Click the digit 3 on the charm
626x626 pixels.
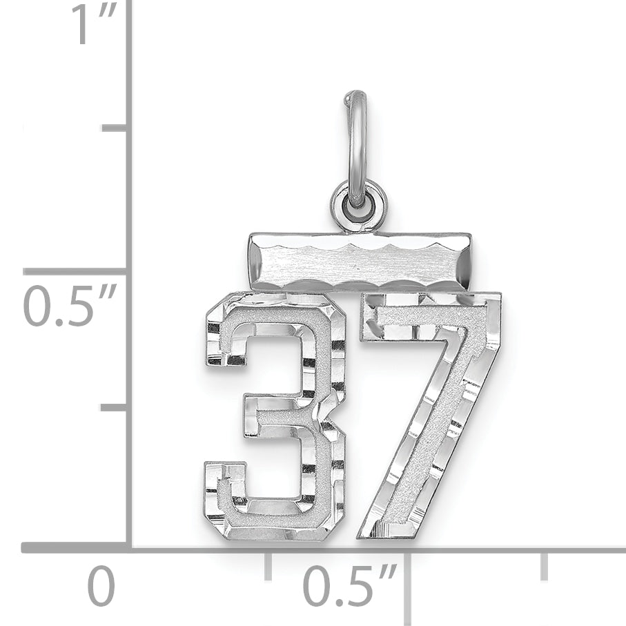pyautogui.click(x=276, y=414)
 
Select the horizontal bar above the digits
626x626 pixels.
pyautogui.click(x=360, y=262)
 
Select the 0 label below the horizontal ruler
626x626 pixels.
pyautogui.click(x=101, y=587)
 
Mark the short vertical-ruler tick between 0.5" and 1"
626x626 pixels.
pyautogui.click(x=114, y=128)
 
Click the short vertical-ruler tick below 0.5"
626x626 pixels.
pyautogui.click(x=114, y=407)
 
